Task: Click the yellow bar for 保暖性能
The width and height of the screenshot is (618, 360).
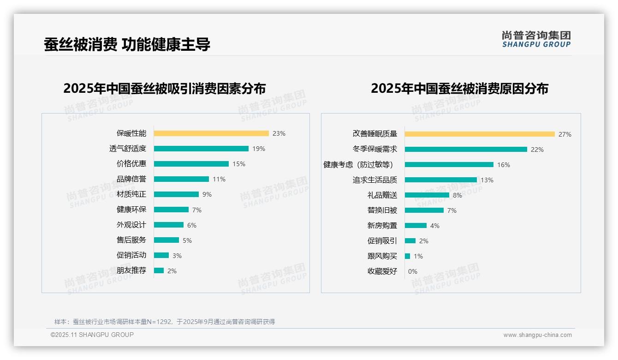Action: [211, 133]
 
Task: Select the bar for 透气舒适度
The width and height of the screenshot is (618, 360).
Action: [201, 149]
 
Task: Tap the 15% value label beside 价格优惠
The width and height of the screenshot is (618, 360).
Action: [239, 164]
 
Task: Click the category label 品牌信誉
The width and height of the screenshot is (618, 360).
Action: [131, 179]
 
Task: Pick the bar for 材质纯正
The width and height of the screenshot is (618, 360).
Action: [176, 194]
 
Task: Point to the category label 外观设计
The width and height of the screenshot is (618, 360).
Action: [131, 225]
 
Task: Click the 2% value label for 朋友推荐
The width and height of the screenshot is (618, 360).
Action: [172, 271]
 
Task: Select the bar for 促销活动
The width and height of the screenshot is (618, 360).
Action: [161, 255]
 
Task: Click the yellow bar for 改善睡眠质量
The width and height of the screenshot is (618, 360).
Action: [480, 134]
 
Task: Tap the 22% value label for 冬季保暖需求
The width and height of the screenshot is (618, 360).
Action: [537, 150]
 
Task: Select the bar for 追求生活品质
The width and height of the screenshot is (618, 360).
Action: [441, 180]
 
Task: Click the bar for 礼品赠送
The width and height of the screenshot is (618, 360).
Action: [427, 195]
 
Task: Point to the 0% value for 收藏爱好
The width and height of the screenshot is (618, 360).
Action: [412, 271]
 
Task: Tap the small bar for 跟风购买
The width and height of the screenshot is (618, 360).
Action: [407, 256]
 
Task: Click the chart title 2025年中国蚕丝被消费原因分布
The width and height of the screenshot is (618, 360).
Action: [459, 89]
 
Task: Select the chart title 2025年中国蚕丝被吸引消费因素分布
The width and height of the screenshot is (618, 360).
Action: [165, 89]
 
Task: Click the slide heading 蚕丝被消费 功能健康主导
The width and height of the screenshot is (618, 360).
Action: [127, 44]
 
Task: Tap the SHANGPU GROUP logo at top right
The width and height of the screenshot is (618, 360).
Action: [536, 39]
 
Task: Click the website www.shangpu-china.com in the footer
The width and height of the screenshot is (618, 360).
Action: [537, 335]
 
